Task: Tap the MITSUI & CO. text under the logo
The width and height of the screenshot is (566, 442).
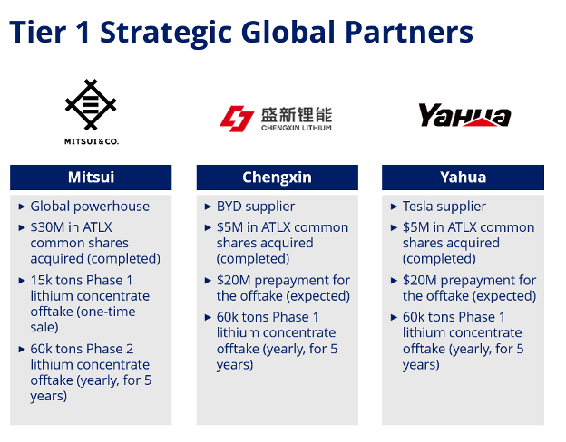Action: coord(91,141)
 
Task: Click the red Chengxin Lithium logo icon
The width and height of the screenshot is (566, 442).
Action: coord(238,118)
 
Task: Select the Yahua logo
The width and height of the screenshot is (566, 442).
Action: coord(464,115)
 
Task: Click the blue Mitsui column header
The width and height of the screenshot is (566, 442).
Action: coord(91,178)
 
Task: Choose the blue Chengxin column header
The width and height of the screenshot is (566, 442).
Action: coord(277,178)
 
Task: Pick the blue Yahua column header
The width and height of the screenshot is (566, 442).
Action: coord(463,178)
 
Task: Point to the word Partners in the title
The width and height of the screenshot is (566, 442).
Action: coord(412,33)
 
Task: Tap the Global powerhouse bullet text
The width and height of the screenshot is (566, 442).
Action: coord(90,207)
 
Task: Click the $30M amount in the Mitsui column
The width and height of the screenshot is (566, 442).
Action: coord(47,227)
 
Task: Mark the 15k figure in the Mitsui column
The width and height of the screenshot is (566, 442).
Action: coord(43,280)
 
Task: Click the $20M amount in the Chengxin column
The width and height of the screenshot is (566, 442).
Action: coord(234,280)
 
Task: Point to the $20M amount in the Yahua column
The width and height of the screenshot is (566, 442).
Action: coord(420,280)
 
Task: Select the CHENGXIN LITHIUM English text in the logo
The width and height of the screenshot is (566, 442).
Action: coord(296,128)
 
